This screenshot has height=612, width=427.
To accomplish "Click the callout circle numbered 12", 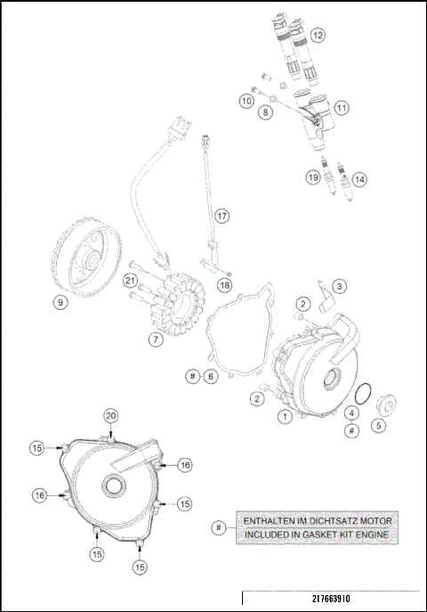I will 317,36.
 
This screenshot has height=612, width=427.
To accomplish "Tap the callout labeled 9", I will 60,302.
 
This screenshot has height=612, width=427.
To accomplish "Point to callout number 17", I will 222,216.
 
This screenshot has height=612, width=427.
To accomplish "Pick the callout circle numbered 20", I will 110,416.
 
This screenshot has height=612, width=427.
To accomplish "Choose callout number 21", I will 130,282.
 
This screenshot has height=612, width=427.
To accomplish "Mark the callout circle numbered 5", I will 378,426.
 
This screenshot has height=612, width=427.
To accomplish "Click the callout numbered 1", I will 285,414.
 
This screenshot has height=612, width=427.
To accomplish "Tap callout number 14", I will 359,179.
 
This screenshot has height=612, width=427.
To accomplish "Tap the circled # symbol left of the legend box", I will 218,528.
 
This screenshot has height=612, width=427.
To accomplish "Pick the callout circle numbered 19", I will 313,177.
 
